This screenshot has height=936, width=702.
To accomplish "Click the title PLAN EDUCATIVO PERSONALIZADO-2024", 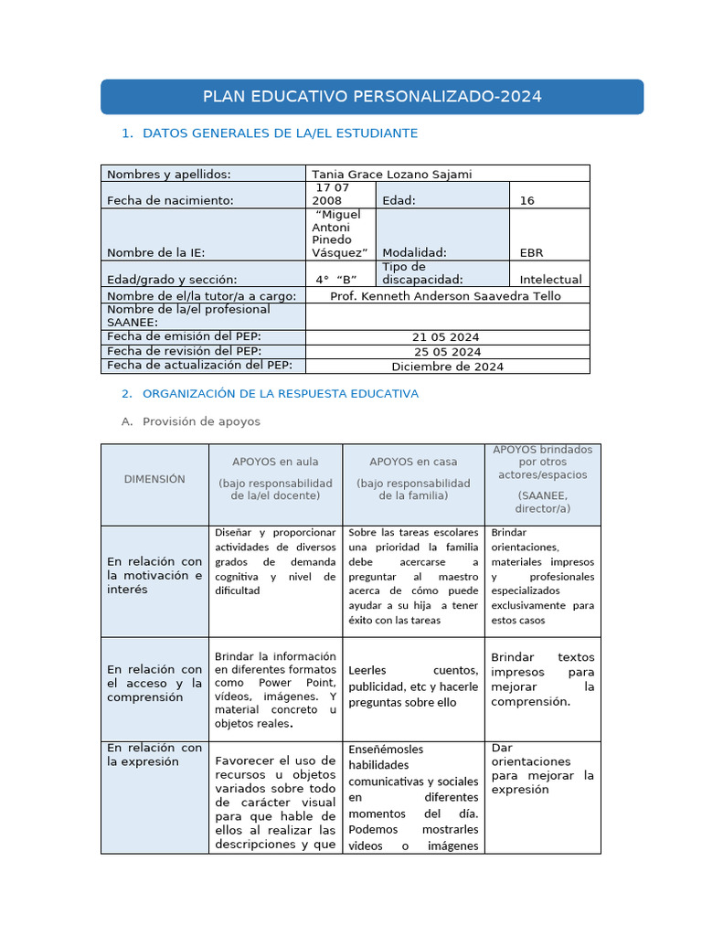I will pos(371,97).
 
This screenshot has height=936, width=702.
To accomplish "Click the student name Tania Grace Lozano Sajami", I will pos(391,175).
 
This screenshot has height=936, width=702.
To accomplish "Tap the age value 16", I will pos(526,200).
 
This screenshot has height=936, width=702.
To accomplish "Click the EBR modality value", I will pos(531,252).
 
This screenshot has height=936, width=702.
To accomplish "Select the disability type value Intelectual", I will pos(550,280).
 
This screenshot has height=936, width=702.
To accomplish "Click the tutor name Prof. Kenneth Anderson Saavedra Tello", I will pos(445,296).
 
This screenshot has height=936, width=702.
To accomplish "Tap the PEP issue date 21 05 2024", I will pos(447,337).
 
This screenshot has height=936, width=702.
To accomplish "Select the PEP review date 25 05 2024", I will pos(447,352).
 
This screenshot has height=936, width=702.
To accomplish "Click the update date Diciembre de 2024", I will pos(447,367).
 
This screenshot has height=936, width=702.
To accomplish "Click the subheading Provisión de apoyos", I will pos(201,421).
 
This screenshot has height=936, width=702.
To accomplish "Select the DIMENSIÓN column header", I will pos(154,479).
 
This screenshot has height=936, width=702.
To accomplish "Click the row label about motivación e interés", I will pos(154,576).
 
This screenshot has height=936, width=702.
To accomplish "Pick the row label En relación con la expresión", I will pos(154,755).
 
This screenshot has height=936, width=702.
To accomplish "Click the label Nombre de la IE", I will pos(155,252).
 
